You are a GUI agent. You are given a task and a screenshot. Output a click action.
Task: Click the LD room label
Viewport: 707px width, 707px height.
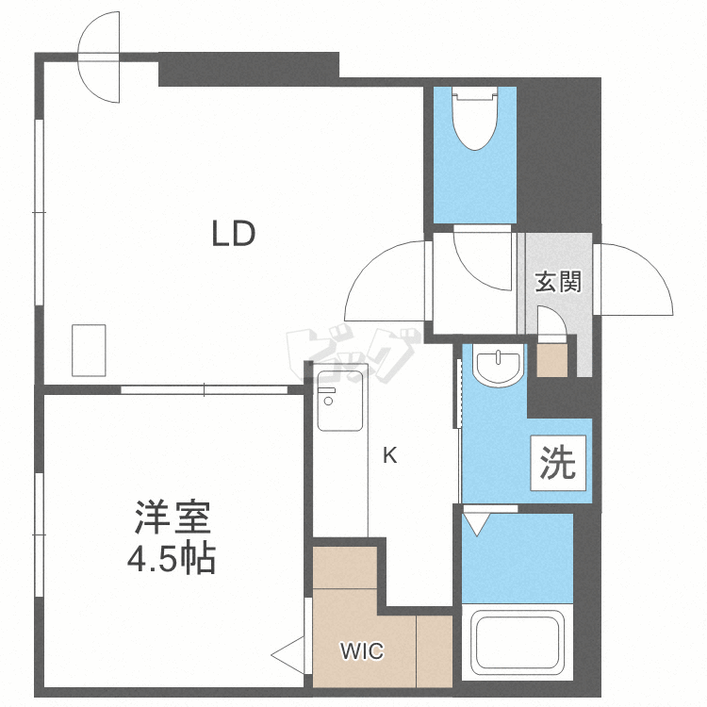233,233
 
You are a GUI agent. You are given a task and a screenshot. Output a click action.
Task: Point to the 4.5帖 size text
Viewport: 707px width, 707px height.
172,560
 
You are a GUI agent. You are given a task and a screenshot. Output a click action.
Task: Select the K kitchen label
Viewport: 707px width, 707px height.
389,457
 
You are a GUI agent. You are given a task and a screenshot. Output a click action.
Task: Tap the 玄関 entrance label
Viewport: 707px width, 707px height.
558,282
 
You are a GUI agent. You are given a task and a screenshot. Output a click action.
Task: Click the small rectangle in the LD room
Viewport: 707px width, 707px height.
90,350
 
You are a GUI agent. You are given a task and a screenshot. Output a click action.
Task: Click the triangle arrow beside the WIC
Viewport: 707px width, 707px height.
289,652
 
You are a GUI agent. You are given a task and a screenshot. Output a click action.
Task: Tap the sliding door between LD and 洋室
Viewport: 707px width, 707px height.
204,388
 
